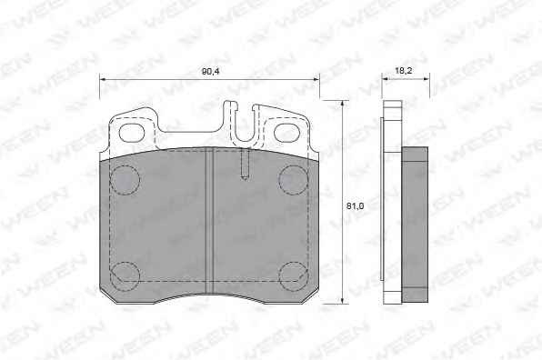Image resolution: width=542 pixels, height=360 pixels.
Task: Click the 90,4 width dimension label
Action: [x=211, y=72]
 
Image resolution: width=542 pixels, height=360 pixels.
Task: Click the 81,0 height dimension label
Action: [x=355, y=206]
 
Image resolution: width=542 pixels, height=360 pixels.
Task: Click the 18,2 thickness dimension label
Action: [x=404, y=71]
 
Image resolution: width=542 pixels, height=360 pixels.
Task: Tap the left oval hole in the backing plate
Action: [x=132, y=133]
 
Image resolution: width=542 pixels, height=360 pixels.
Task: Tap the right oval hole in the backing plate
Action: [x=286, y=133]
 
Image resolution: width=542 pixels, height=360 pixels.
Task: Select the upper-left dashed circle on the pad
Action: [x=125, y=180]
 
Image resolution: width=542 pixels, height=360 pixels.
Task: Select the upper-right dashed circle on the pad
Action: [x=294, y=180]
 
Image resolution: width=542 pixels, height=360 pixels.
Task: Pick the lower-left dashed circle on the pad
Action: [x=125, y=276]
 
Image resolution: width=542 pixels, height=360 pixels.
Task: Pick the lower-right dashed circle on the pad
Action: [x=294, y=276]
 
